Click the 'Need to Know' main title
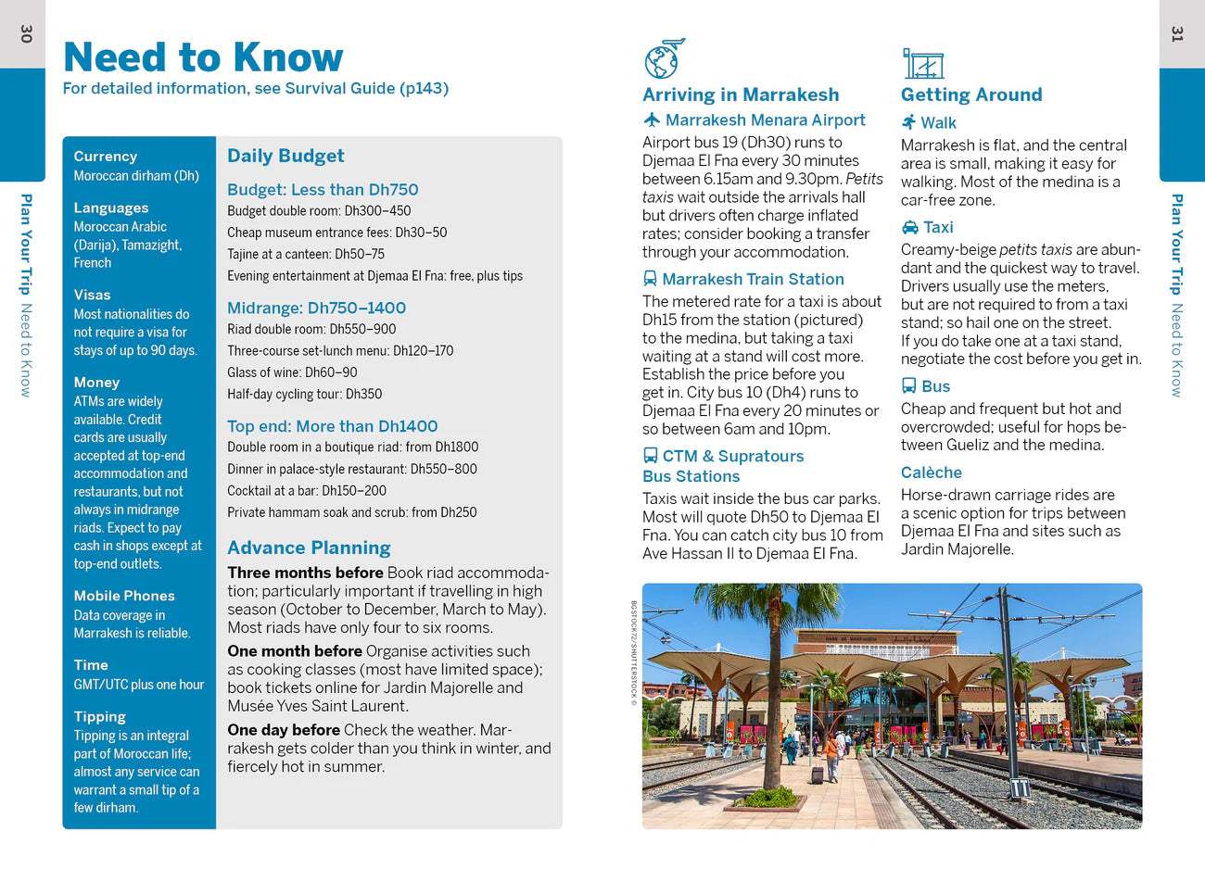pos(203,57)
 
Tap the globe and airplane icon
pos(664,59)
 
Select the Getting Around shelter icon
pos(922,63)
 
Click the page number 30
pos(26,34)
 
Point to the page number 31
pos(1177,34)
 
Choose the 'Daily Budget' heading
pos(285,156)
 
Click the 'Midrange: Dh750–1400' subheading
pos(316,308)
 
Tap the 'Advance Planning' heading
pos(309,548)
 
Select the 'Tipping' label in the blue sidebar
pos(99,716)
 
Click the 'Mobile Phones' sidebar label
pos(124,596)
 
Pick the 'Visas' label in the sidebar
pos(92,295)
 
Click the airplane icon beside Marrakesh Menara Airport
pos(652,120)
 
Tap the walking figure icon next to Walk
pos(908,122)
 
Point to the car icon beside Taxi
pos(909,227)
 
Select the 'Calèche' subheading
pos(931,472)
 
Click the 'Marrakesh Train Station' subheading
pos(753,279)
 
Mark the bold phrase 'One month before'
pos(295,651)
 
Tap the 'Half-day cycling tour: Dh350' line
pos(305,394)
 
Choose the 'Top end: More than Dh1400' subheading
pos(332,426)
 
